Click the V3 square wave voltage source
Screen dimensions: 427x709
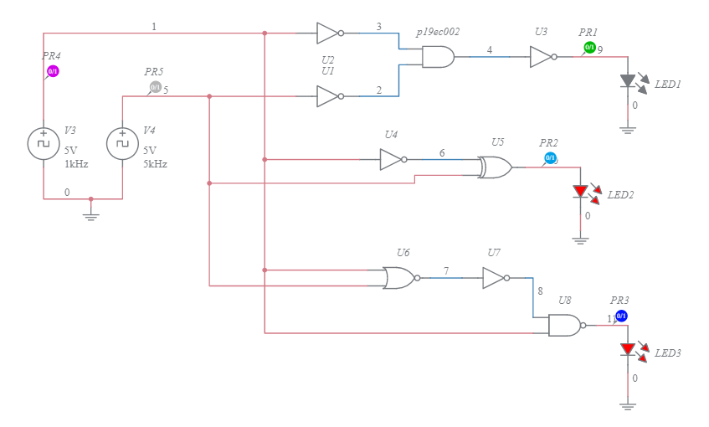coord(44,143)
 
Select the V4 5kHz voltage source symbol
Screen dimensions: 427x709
coord(122,143)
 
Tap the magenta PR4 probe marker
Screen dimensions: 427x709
coord(53,72)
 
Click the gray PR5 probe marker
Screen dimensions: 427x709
coord(155,87)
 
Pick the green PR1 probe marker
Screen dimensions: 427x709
coord(589,47)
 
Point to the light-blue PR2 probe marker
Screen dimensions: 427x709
coord(550,157)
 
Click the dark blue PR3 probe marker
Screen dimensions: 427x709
coord(621,316)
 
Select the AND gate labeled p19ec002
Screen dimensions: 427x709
coord(438,57)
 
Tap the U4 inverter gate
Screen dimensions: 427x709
coord(393,159)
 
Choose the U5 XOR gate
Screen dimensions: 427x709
coord(495,167)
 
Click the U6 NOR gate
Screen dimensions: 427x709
coord(399,278)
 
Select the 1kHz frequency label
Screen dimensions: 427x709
coord(76,164)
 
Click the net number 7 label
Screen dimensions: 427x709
coord(446,270)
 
